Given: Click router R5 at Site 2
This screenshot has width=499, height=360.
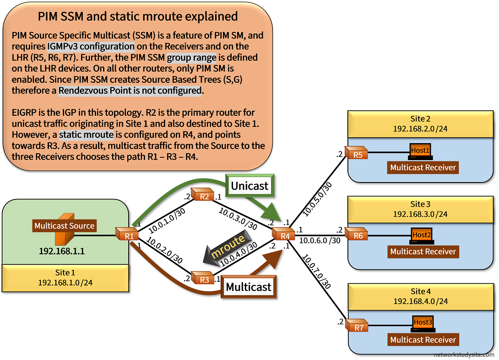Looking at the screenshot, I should [x=358, y=153].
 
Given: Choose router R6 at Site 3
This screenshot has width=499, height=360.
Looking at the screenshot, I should [x=358, y=235].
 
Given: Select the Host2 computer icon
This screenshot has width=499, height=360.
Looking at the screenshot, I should [x=422, y=236].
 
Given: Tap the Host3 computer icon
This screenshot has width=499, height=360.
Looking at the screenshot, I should [x=422, y=323].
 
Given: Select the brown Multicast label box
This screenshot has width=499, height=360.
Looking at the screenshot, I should [x=249, y=287].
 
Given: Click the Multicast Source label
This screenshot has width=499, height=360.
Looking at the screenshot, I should [x=64, y=226].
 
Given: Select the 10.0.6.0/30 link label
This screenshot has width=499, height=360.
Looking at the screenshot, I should [x=320, y=240].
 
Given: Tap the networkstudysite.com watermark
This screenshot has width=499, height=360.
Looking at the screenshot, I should [x=464, y=355].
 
